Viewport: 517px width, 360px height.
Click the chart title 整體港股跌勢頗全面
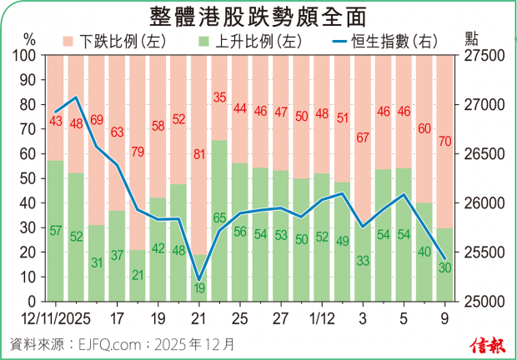tap(258, 17)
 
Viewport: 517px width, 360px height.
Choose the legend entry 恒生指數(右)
tap(384, 40)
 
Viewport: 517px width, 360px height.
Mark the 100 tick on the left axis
tap(26, 56)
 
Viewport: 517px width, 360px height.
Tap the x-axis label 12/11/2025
tap(55, 318)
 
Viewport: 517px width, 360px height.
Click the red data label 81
tap(198, 154)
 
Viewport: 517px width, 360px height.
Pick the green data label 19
tap(198, 289)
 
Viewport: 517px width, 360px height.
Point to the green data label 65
tap(219, 218)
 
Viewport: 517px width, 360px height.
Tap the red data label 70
tap(444, 141)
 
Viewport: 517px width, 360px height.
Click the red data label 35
tap(219, 97)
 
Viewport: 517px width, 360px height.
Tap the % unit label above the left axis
tap(29, 39)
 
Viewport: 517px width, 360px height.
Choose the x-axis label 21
tap(198, 318)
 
